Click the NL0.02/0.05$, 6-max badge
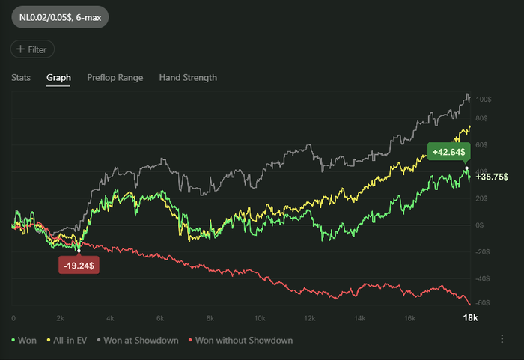[59, 16]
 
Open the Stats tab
[21, 77]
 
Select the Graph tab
[58, 77]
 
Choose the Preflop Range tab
[113, 77]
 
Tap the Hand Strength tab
[188, 77]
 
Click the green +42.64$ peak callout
[448, 152]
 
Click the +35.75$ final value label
[492, 177]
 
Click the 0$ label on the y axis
[481, 225]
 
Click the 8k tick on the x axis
[210, 318]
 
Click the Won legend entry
[24, 341]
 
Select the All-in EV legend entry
[67, 341]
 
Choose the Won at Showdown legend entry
[137, 341]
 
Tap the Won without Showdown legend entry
[240, 341]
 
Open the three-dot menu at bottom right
[502, 339]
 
